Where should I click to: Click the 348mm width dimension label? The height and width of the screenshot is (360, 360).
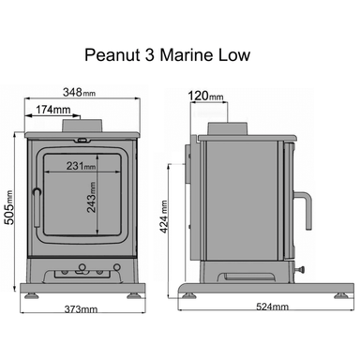[78, 93]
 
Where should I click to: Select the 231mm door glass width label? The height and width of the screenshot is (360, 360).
[81, 167]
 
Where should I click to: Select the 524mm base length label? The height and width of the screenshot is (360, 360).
[269, 307]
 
